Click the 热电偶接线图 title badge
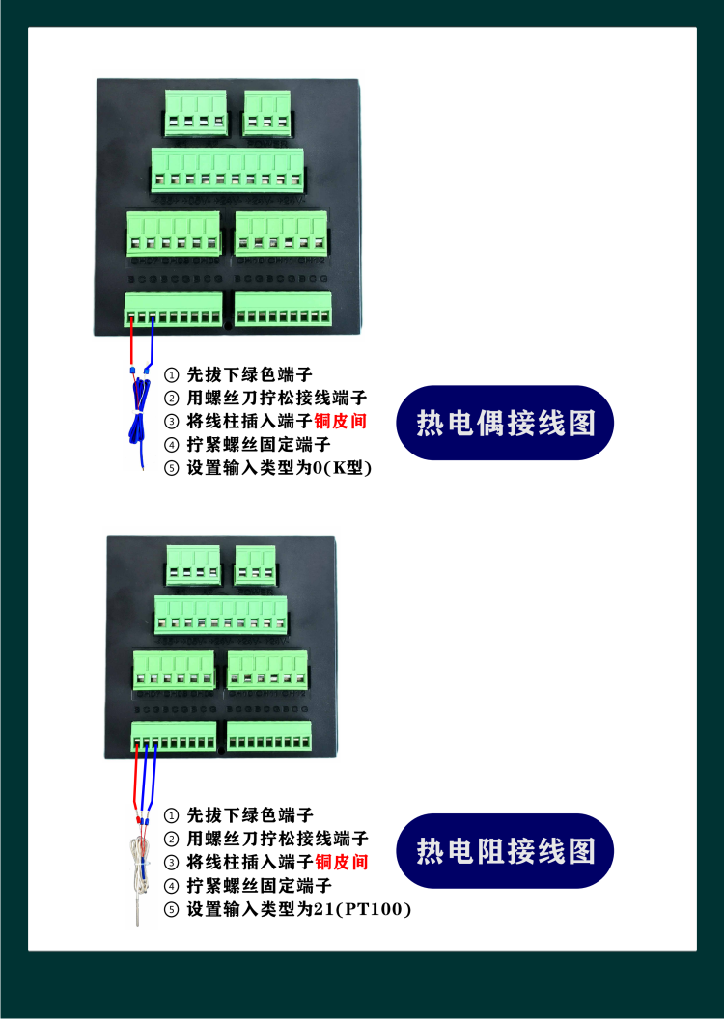pos(505,423)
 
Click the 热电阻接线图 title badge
pos(505,850)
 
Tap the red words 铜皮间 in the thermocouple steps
pos(342,422)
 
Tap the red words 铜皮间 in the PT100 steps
pos(342,861)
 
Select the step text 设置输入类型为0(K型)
pos(279,468)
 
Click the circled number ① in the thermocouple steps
pos(172,374)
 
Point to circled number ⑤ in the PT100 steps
pos(172,909)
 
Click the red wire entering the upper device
pos(131,343)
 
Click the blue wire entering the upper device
pos(153,343)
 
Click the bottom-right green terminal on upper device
pos(283,309)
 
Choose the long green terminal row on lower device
pos(222,615)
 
